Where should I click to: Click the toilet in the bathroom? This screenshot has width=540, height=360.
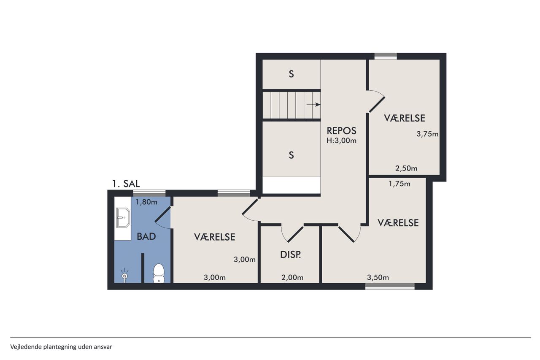coord(159,273)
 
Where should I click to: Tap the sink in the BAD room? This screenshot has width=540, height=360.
coord(123,217)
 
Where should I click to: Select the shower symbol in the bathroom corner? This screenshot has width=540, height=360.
coord(124,275)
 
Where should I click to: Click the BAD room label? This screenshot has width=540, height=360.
coord(146,236)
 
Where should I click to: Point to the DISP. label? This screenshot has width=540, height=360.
coord(291,255)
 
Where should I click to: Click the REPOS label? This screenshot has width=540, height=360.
coord(341,131)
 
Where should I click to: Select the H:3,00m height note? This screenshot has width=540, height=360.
coord(341,141)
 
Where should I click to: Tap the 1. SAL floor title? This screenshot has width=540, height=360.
coord(126,184)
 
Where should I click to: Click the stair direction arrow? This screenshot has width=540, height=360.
coord(313,105)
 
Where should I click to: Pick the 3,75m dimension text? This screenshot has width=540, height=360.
coord(427,134)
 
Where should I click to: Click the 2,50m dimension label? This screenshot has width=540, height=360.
coord(406,168)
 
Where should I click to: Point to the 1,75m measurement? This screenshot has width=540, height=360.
coord(400,184)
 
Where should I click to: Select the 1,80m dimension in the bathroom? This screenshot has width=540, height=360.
coord(146,202)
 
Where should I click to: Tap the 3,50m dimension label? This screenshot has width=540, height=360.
coord(378,278)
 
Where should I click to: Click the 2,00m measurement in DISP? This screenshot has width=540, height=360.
coord(292,278)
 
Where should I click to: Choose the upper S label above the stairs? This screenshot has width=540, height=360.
coord(291,74)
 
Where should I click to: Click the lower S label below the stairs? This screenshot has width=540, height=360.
coord(291,155)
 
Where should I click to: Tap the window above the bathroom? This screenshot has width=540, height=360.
coord(149,193)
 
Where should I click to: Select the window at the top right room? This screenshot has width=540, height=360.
coord(386,56)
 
